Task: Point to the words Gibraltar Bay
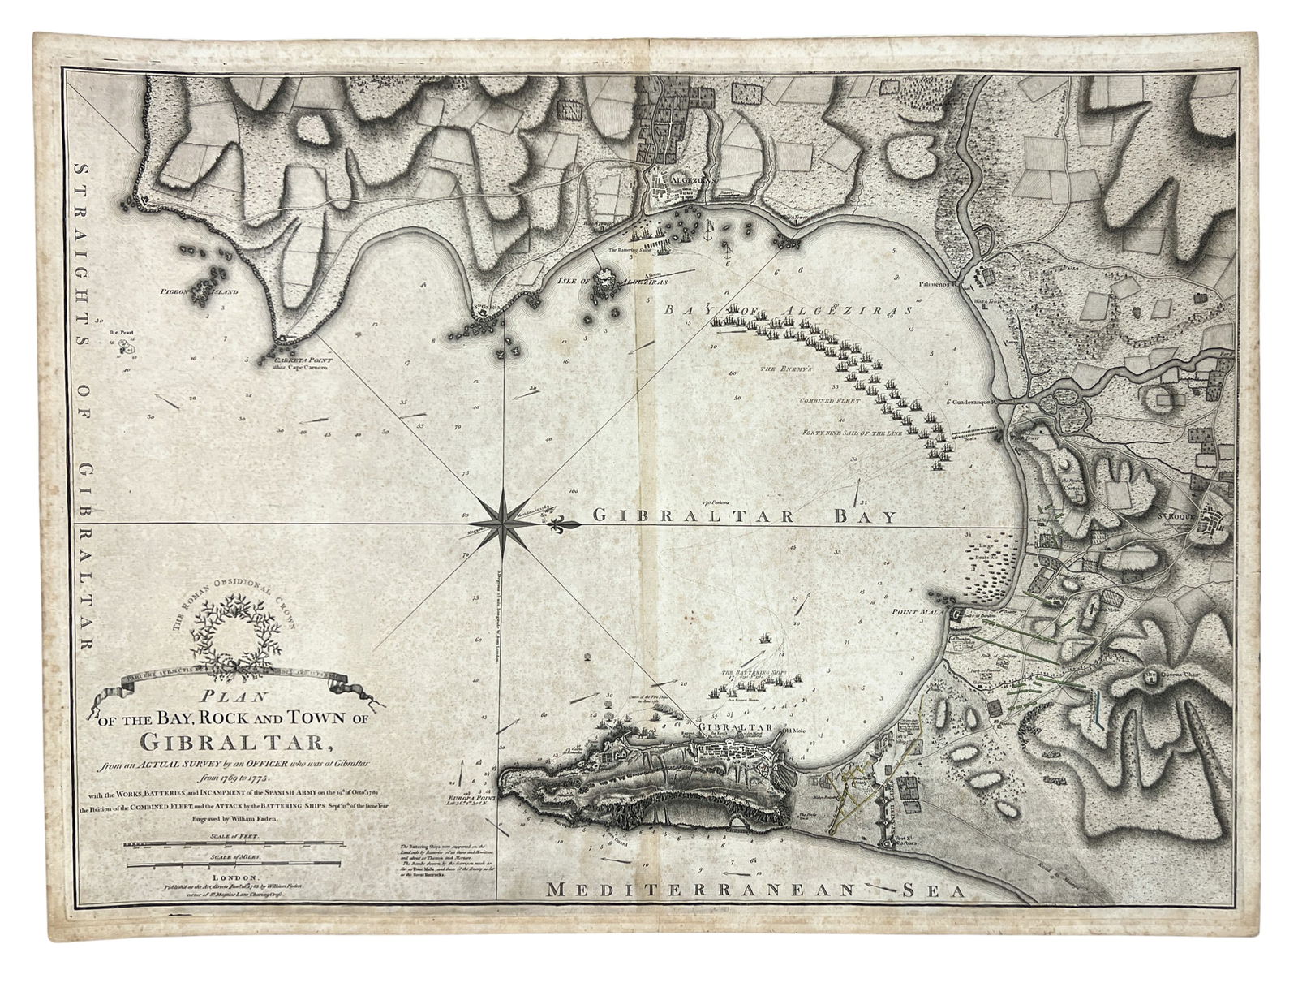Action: (744, 515)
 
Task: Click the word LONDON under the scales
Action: (234, 877)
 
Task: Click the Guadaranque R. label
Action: (973, 401)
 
